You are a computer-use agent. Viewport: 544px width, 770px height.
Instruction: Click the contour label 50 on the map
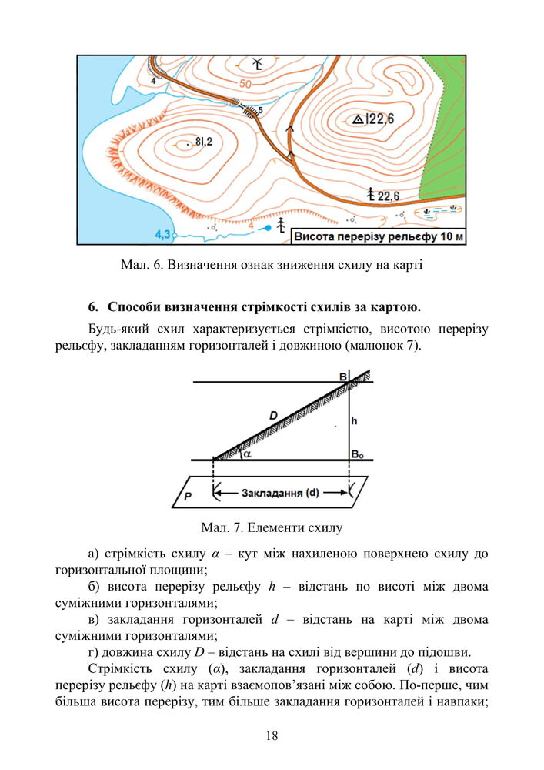245,84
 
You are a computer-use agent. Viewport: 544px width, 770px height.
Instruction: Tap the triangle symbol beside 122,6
357,119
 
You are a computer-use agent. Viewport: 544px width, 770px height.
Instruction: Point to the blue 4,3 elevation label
162,233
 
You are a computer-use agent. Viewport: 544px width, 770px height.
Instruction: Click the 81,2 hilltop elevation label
204,141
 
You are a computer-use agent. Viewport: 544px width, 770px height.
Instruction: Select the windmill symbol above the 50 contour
258,62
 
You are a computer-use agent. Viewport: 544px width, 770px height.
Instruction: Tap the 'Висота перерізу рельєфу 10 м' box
379,236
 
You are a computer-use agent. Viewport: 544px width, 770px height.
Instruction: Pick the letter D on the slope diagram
273,416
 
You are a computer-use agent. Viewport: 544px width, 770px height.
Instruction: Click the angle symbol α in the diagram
246,454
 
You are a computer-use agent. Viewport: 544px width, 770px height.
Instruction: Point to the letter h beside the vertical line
354,421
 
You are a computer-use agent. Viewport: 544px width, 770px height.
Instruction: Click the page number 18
272,735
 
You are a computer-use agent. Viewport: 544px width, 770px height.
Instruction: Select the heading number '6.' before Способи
94,308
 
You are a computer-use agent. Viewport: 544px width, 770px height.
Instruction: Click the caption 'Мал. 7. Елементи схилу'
271,528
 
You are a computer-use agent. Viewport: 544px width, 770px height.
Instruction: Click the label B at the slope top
343,377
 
